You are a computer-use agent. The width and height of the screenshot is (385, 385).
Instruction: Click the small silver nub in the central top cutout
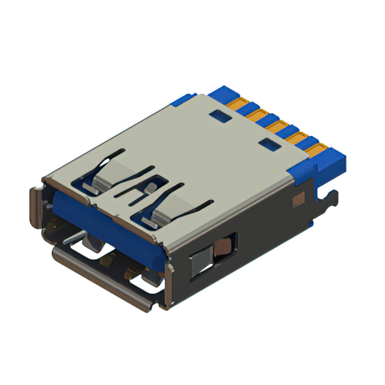coord(146,190)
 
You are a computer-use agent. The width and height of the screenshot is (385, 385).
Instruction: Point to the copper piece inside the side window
coord(223,246)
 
